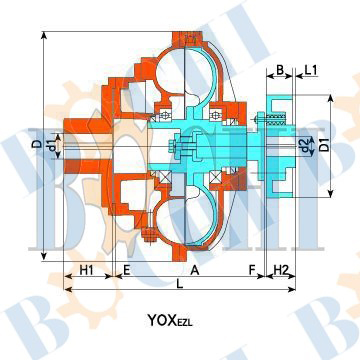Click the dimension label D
pyautogui.click(x=39, y=144)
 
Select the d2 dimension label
pyautogui.click(x=304, y=144)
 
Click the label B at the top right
pyautogui.click(x=280, y=70)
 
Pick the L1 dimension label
pyautogui.click(x=310, y=70)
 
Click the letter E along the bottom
pyautogui.click(x=127, y=270)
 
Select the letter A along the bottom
pyautogui.click(x=195, y=270)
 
